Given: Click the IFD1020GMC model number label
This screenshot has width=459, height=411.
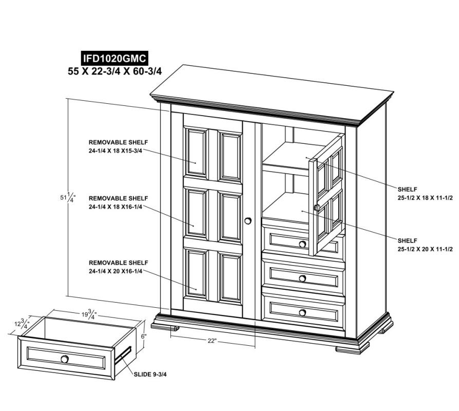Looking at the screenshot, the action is (x=114, y=58).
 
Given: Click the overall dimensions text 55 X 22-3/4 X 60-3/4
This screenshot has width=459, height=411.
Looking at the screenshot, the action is (x=115, y=71).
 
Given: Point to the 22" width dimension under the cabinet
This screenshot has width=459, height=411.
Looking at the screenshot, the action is (x=212, y=341).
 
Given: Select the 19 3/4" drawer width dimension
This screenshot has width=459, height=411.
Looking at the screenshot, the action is (x=89, y=315).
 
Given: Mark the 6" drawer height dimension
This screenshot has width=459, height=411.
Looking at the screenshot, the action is (x=144, y=337).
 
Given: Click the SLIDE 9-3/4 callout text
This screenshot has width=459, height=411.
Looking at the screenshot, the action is (x=150, y=374).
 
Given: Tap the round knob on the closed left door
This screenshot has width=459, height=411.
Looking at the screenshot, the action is (x=248, y=221).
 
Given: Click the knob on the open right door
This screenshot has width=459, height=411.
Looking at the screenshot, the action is (x=317, y=208).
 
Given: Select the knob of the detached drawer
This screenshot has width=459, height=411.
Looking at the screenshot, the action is (x=65, y=359).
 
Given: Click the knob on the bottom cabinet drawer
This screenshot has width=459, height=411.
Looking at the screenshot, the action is (x=303, y=312).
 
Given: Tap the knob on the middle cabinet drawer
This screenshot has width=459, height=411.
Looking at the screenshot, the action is (x=303, y=278).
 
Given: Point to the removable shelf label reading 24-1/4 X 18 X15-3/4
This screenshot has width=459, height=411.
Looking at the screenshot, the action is (x=118, y=146).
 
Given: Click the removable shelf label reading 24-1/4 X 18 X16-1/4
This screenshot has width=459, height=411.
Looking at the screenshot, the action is (x=118, y=202).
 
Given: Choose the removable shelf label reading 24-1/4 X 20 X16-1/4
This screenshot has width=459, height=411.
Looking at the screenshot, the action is (x=118, y=267).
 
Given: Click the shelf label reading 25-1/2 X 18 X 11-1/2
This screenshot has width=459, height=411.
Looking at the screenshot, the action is (x=425, y=193).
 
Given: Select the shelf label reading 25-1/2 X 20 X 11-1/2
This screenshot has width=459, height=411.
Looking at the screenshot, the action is (x=425, y=245).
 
